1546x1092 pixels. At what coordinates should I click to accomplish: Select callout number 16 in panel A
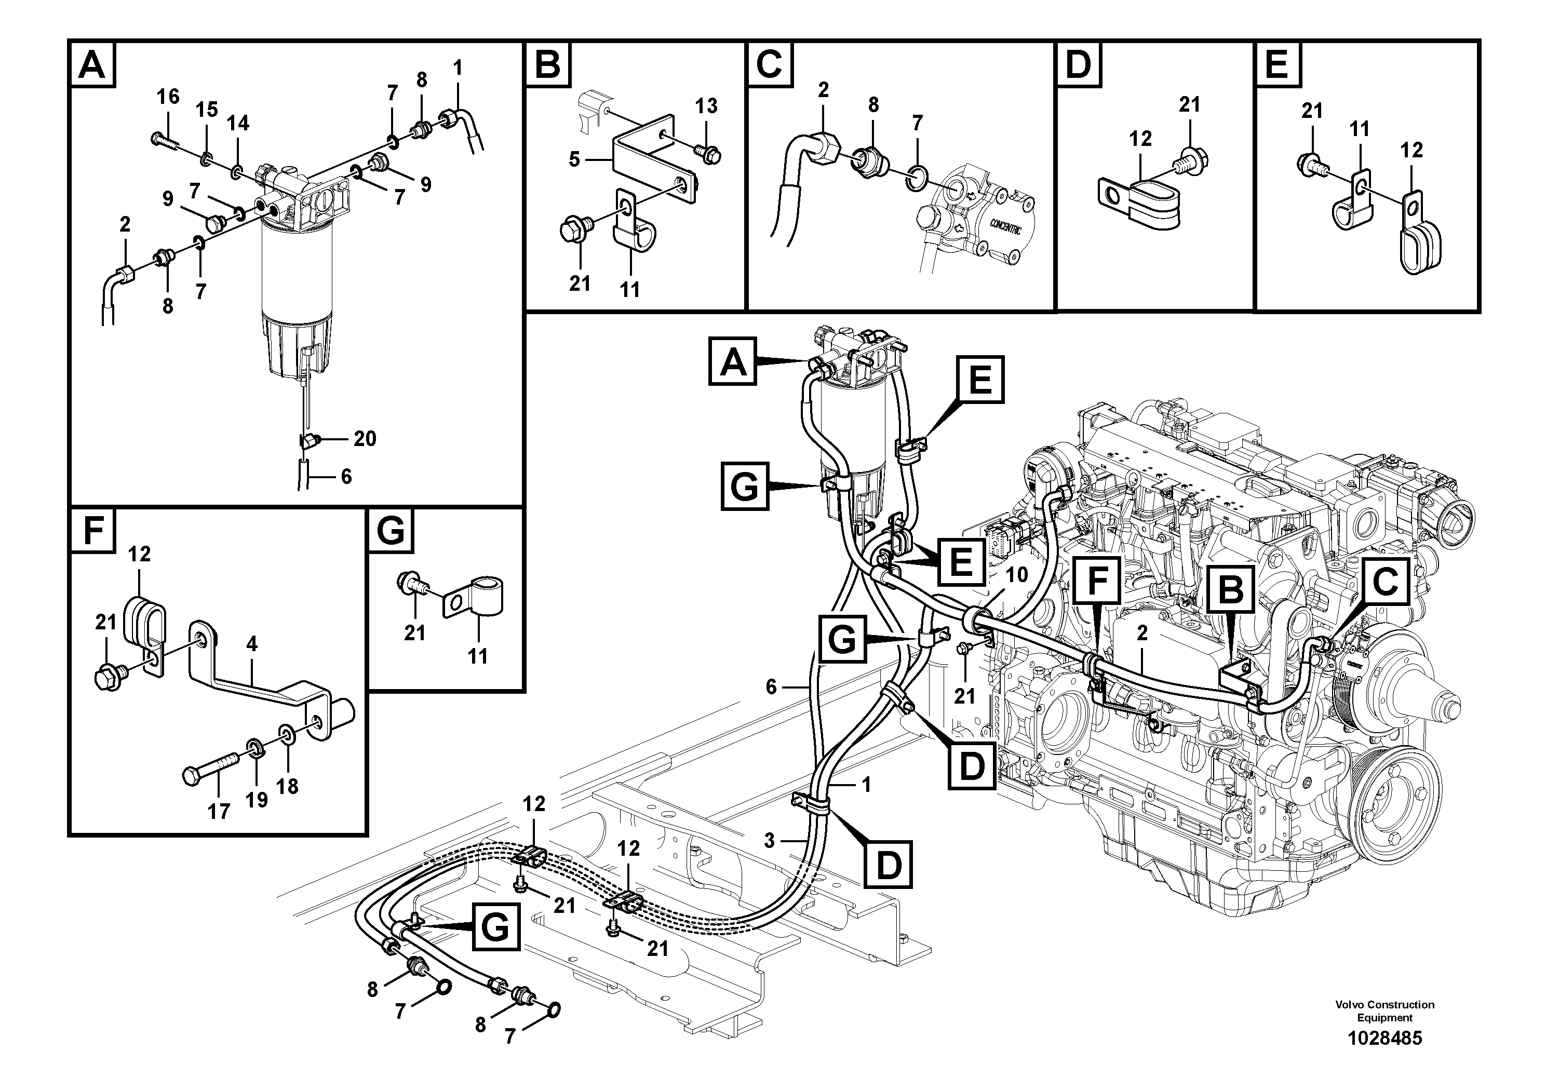coord(168,97)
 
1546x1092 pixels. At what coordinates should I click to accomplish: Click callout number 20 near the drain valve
coord(365,439)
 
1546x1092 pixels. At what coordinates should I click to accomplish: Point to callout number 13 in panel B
coord(706,106)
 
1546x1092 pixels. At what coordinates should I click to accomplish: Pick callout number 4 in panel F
coord(252,644)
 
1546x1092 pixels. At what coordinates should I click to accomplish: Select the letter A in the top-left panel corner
coord(92,65)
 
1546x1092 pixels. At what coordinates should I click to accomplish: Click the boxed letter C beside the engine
coord(1385,581)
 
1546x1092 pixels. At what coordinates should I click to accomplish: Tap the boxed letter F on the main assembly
coord(1097,581)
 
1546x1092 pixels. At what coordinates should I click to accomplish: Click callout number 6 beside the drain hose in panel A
coord(345,477)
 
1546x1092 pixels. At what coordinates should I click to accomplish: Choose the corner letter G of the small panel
coord(391,531)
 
